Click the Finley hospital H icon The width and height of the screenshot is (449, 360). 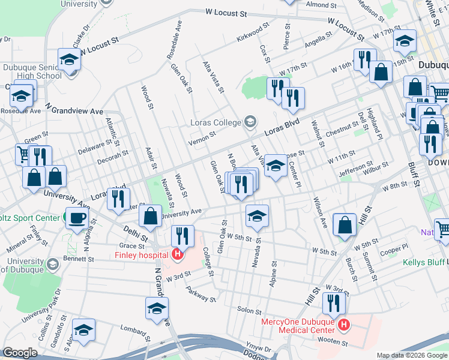[178, 254]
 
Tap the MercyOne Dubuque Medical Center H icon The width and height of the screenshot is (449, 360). [344, 326]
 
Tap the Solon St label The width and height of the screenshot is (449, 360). [250, 310]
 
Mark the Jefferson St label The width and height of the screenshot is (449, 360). [356, 168]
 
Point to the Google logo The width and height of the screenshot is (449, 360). [20, 353]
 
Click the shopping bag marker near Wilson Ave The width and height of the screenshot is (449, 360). [345, 226]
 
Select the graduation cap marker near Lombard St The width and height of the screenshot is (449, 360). [83, 330]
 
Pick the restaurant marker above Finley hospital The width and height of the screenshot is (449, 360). [181, 235]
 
